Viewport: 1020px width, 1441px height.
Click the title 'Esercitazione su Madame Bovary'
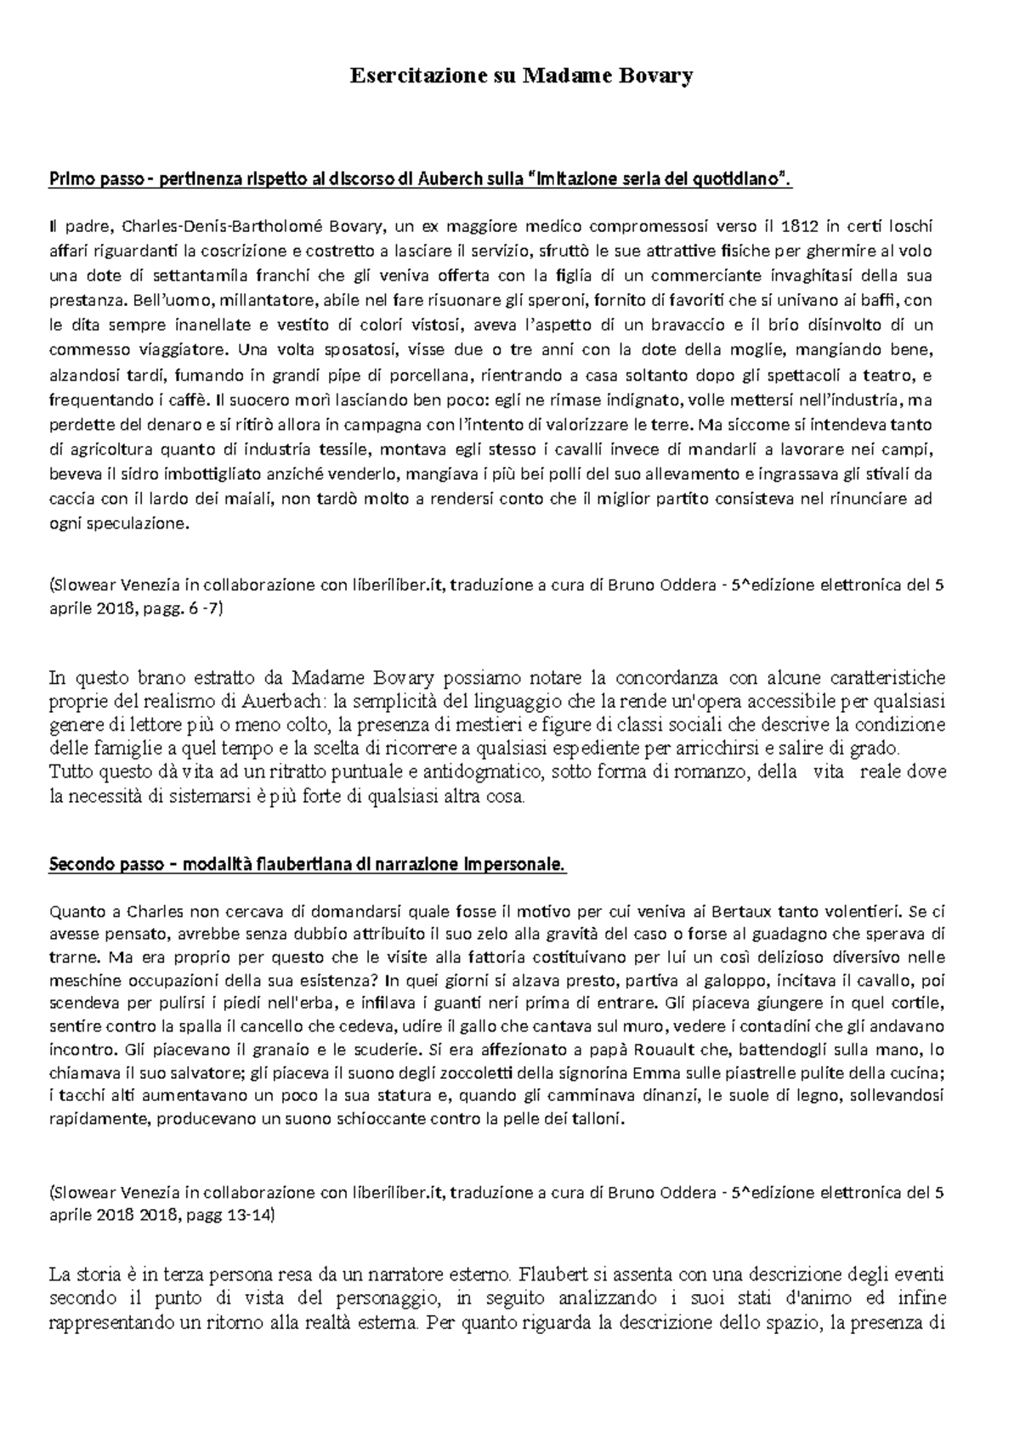click(522, 76)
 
